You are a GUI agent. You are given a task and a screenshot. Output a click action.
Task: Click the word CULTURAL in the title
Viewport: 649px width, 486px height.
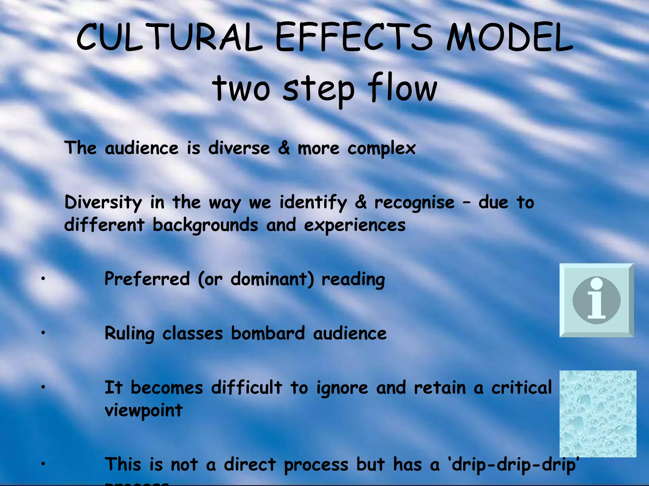[170, 37]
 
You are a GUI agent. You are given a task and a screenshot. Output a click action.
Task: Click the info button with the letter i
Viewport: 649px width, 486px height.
[596, 300]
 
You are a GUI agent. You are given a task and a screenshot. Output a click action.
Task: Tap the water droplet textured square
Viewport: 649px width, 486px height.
[598, 414]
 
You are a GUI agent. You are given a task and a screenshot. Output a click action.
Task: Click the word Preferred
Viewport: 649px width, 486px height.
[147, 279]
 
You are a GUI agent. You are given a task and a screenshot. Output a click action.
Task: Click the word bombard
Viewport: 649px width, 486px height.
[268, 333]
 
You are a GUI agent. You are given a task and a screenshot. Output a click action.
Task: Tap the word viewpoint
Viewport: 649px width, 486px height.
[144, 411]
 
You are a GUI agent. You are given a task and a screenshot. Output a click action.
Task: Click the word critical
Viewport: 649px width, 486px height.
[522, 388]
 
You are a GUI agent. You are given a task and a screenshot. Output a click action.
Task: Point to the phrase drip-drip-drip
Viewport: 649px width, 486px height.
[513, 464]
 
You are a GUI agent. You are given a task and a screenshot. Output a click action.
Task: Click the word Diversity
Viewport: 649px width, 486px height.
[103, 202]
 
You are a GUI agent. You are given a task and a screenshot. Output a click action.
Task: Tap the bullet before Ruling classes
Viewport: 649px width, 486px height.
[43, 333]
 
